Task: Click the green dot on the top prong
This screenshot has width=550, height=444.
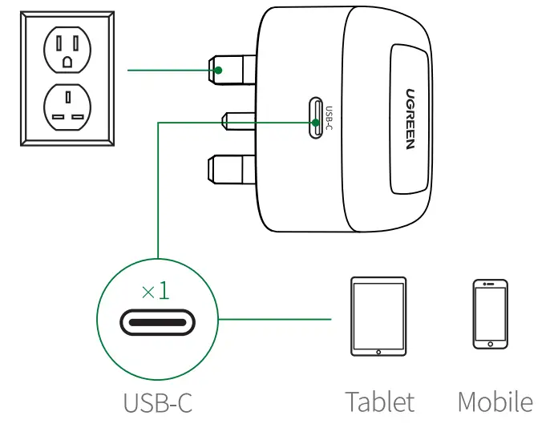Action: [x=218, y=71]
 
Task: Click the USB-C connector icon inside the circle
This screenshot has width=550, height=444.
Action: [x=157, y=322]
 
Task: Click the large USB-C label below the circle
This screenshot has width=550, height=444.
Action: [x=157, y=402]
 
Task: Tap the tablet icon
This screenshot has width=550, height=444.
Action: [x=378, y=317]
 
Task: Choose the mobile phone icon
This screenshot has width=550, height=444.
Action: [x=490, y=314]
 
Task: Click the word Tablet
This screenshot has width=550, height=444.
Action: [x=380, y=402]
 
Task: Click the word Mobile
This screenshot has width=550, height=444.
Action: [x=495, y=402]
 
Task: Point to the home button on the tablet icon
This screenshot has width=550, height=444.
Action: [x=378, y=350]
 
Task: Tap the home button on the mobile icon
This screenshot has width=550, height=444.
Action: [x=490, y=344]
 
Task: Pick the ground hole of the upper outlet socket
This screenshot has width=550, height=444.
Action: [x=68, y=61]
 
